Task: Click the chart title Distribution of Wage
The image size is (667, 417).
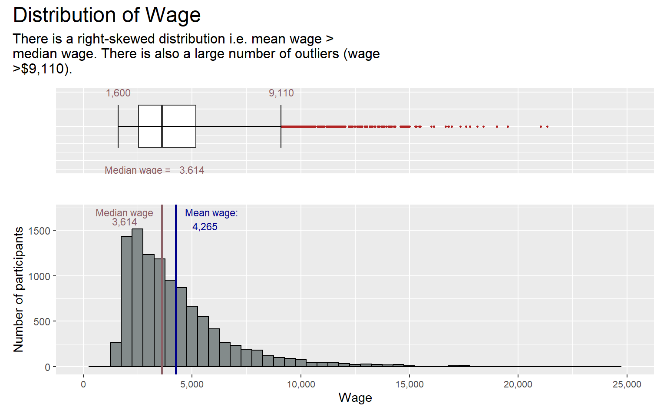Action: click(107, 15)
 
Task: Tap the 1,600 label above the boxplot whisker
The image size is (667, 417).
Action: click(118, 93)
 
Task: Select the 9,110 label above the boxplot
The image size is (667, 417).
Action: click(281, 93)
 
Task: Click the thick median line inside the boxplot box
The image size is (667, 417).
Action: click(162, 126)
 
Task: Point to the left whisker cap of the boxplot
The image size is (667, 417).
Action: click(118, 126)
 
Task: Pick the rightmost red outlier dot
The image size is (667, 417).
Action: click(547, 126)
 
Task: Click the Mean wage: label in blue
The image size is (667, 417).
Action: click(211, 213)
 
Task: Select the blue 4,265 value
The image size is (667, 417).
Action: click(205, 227)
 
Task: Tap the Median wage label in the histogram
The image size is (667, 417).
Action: click(124, 213)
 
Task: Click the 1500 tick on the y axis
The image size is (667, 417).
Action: click(39, 231)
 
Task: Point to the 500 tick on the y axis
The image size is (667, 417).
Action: click(42, 321)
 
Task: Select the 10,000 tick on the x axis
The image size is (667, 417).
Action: click(301, 384)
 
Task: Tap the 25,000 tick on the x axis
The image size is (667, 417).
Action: click(627, 384)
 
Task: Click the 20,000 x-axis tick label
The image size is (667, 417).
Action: click(518, 384)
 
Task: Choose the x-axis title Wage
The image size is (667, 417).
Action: click(355, 397)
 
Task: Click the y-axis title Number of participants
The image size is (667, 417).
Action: click(18, 289)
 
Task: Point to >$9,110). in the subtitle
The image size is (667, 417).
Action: click(43, 69)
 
